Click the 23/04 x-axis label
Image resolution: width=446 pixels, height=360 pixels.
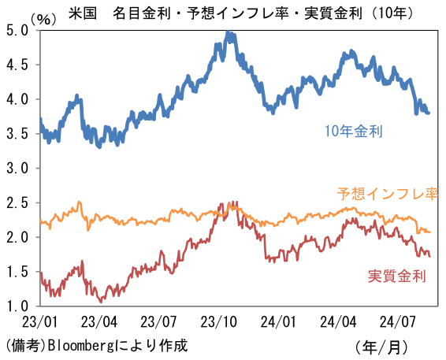point(99,322)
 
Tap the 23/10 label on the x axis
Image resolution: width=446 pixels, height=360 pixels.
point(220,322)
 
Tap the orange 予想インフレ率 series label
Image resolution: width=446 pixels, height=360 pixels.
point(388,193)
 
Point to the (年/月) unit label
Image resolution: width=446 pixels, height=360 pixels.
point(382,346)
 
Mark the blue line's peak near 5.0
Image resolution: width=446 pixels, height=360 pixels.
point(228,33)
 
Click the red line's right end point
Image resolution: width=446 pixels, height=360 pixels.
point(429,255)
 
